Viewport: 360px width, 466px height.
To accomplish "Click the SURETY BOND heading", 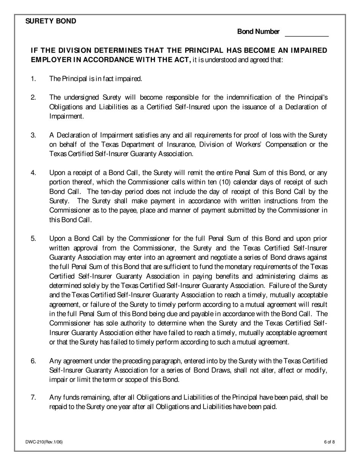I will click(51, 21).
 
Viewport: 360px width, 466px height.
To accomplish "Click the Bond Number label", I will click(258, 32).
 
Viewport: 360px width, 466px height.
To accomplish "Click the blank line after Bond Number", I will click(306, 34).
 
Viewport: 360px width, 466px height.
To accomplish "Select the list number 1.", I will click(33, 79).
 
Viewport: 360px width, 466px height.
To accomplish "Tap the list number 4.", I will click(33, 173).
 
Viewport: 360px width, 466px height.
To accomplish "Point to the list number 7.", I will click(33, 397).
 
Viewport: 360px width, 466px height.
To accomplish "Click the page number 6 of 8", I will click(329, 441).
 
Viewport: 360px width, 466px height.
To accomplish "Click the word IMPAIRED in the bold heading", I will click(308, 50).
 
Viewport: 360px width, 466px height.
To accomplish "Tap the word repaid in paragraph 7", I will click(59, 407).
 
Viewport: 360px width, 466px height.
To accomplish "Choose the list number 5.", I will click(33, 239).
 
